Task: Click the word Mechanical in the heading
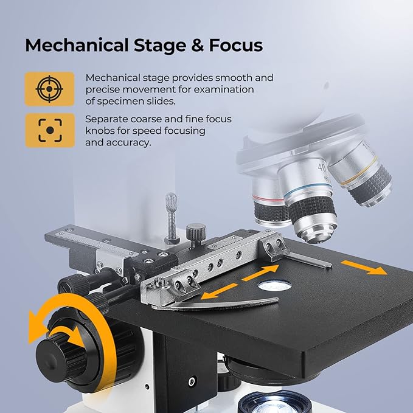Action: pyautogui.click(x=77, y=46)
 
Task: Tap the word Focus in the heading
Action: pyautogui.click(x=236, y=45)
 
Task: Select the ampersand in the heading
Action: pyautogui.click(x=198, y=45)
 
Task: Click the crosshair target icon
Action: pyautogui.click(x=49, y=89)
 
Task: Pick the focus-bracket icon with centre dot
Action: pyautogui.click(x=50, y=130)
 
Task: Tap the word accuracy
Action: pyautogui.click(x=129, y=143)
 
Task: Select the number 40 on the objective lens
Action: pyautogui.click(x=322, y=167)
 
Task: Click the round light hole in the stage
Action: pyautogui.click(x=275, y=286)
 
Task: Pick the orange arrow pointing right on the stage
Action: pyautogui.click(x=364, y=268)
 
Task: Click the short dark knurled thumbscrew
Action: pyautogui.click(x=196, y=234)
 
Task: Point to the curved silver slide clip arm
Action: pyautogui.click(x=215, y=304)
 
